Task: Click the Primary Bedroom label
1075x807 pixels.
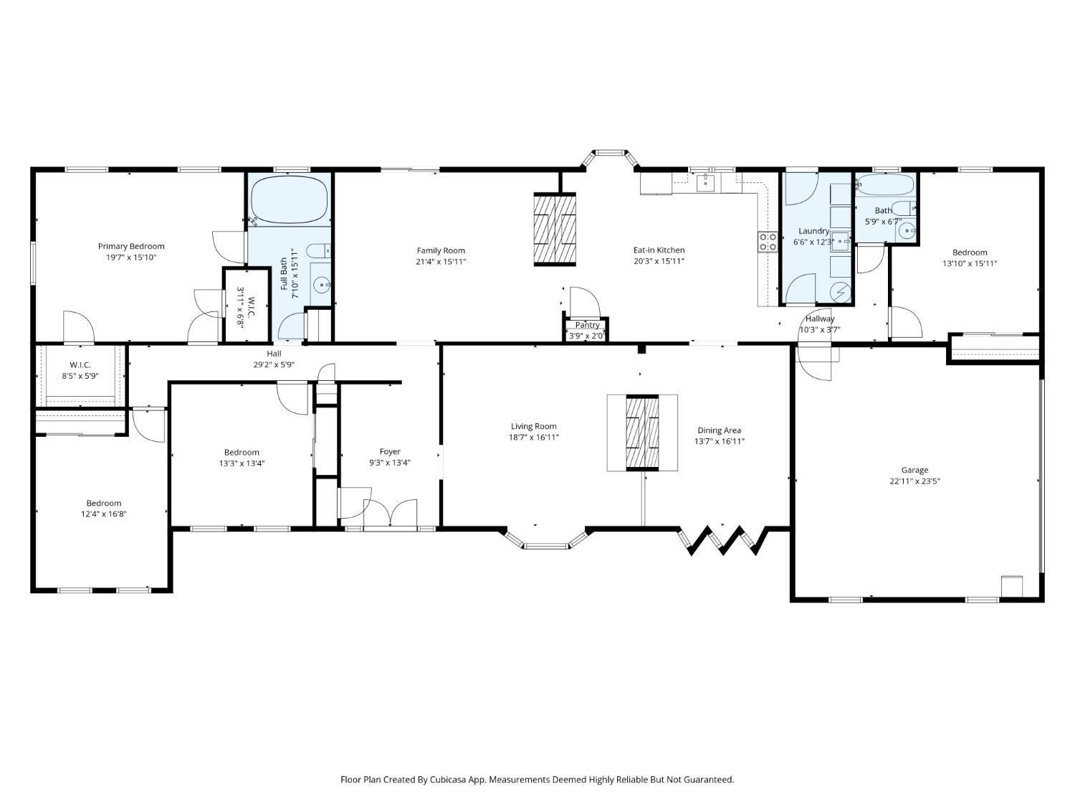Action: pyautogui.click(x=131, y=247)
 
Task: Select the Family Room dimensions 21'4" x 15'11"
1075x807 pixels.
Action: pyautogui.click(x=441, y=262)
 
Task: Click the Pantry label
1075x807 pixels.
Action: pyautogui.click(x=587, y=325)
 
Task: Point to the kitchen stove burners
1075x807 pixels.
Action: pyautogui.click(x=768, y=242)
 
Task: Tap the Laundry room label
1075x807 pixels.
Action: pyautogui.click(x=813, y=231)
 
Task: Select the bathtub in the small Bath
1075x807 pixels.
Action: pyautogui.click(x=885, y=185)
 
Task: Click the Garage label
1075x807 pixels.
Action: pyautogui.click(x=914, y=471)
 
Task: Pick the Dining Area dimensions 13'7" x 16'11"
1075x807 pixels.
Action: pyautogui.click(x=720, y=441)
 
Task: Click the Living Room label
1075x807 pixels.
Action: pyautogui.click(x=533, y=427)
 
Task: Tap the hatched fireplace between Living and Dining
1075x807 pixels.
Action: pyautogui.click(x=642, y=433)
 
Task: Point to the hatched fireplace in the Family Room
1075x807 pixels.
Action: pyautogui.click(x=555, y=230)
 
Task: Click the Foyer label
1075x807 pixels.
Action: pyautogui.click(x=390, y=452)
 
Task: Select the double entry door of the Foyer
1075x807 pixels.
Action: pyautogui.click(x=391, y=514)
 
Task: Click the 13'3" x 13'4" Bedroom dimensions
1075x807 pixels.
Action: pyautogui.click(x=242, y=463)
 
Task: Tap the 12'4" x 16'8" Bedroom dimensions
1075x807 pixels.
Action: pyautogui.click(x=104, y=514)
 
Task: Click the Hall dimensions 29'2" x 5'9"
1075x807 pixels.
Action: pyautogui.click(x=274, y=364)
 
